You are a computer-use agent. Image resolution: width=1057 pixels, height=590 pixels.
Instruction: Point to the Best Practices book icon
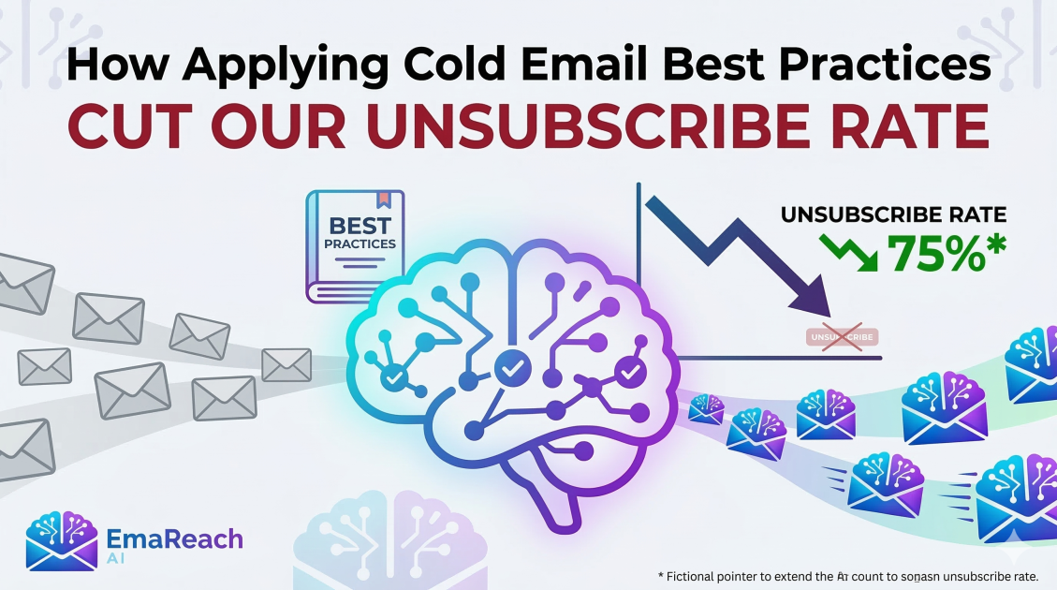[x=356, y=245]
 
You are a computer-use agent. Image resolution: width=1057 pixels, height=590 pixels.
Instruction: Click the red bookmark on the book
[x=382, y=199]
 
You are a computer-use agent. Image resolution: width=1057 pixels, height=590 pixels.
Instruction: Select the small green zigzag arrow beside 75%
[x=847, y=252]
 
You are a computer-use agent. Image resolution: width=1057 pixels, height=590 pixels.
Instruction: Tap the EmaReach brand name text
[x=175, y=538]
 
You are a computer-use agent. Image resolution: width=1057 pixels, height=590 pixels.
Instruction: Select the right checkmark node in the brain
[x=629, y=373]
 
